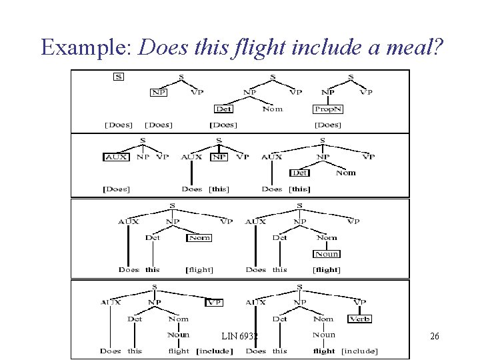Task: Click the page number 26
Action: (x=434, y=337)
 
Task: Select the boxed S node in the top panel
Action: (x=118, y=77)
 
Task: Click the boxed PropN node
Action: (x=328, y=109)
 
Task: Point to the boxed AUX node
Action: (x=116, y=157)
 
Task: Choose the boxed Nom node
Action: (x=199, y=237)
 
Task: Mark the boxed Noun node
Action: (x=327, y=254)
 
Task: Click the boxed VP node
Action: (x=214, y=302)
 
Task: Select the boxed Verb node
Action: (x=359, y=319)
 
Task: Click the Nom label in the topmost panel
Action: (x=272, y=109)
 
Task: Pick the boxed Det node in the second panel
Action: (x=300, y=173)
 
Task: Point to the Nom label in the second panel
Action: (x=345, y=173)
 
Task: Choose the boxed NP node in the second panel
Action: (x=219, y=157)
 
